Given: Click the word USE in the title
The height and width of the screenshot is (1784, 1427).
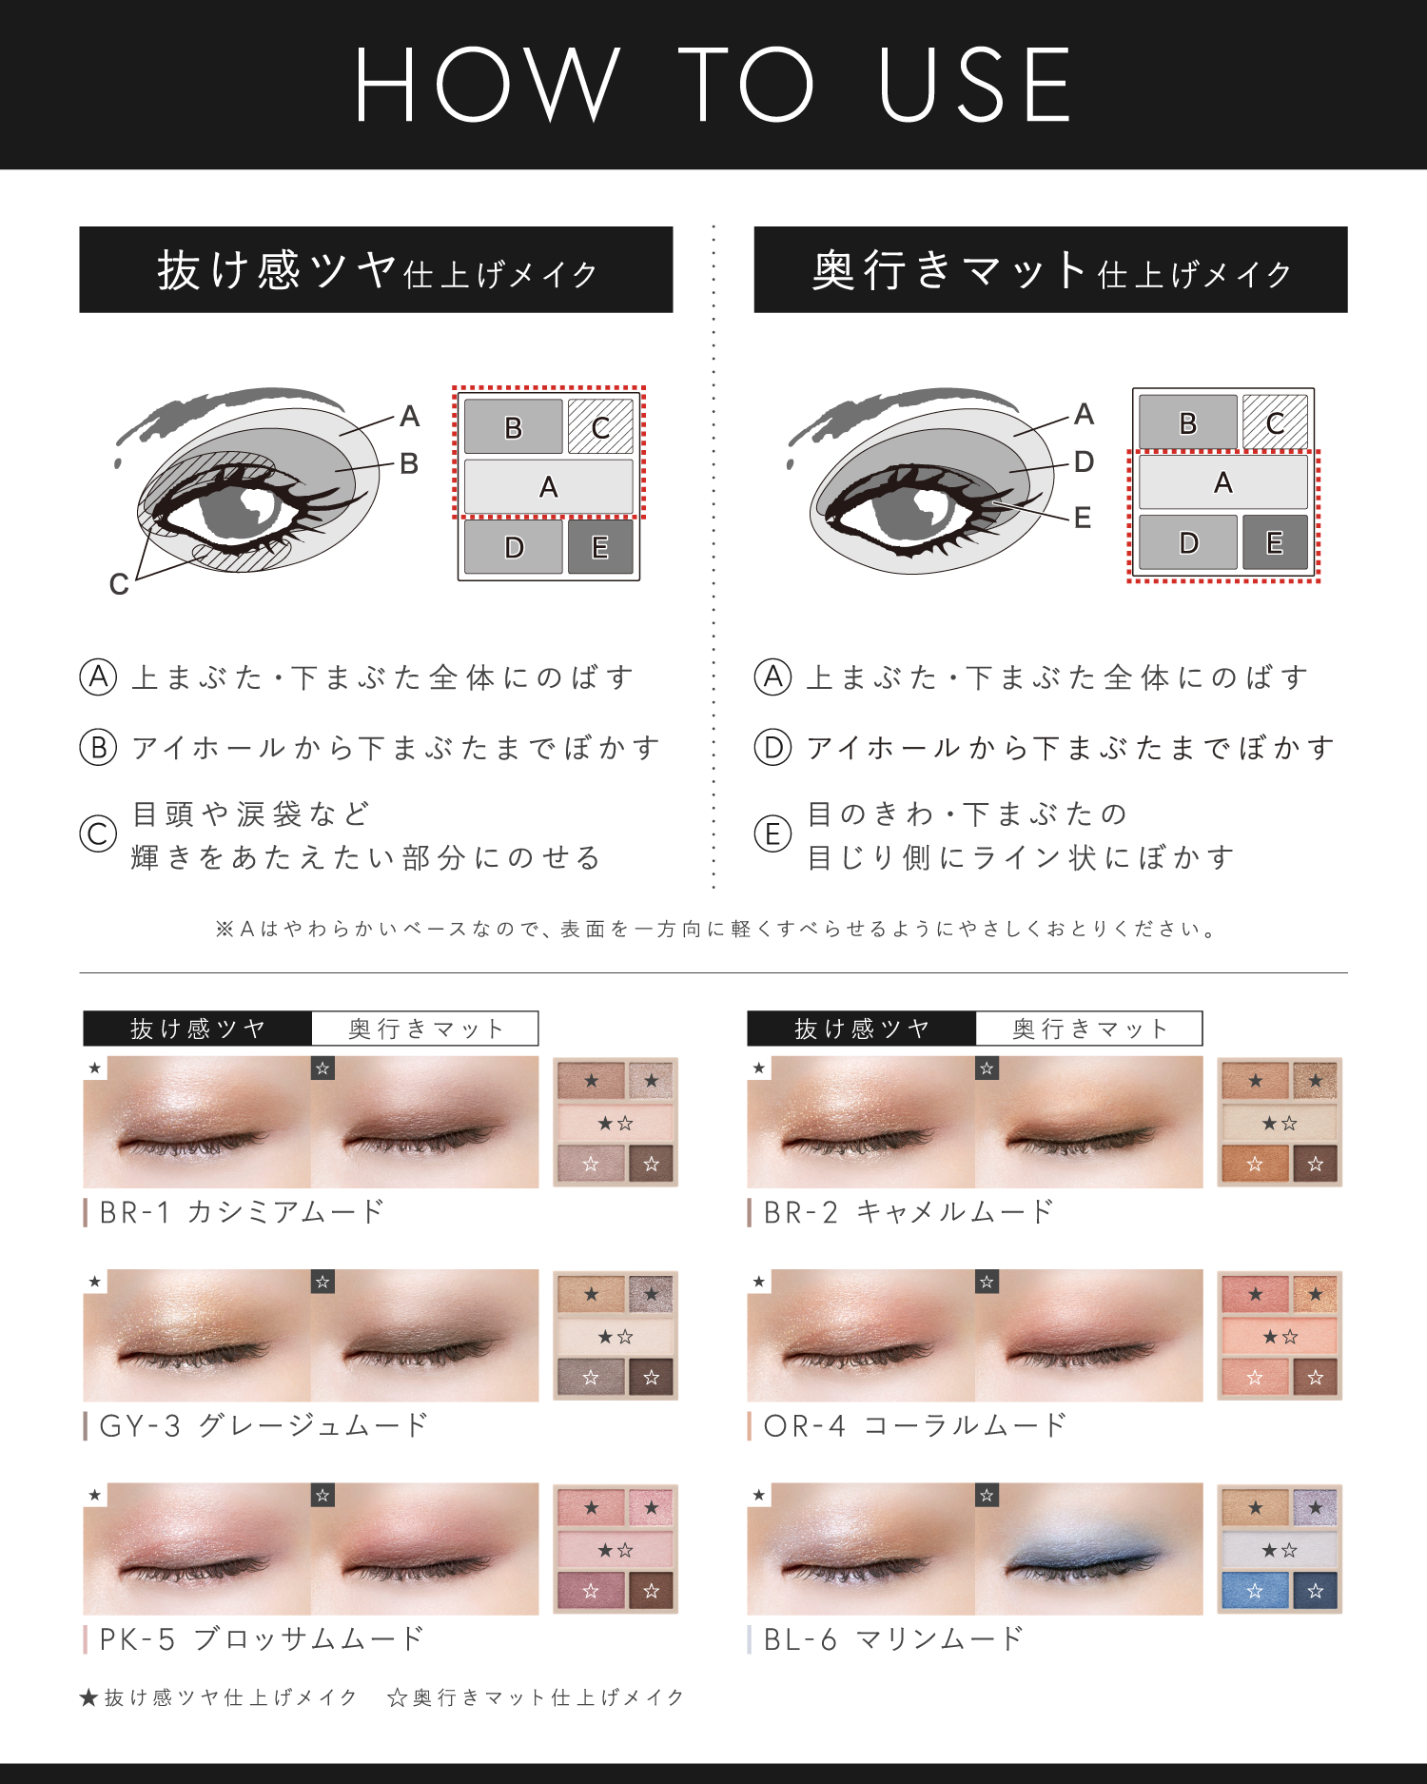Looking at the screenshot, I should (x=975, y=86).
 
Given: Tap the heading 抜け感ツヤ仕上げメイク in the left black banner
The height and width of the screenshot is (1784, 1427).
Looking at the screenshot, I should (x=376, y=270).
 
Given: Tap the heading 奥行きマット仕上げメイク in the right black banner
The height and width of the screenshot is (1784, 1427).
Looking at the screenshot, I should (x=1050, y=270).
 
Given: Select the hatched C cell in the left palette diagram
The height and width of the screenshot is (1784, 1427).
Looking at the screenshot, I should (x=600, y=426).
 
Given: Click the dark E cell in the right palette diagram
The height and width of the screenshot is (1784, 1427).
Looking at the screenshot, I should (x=1275, y=542).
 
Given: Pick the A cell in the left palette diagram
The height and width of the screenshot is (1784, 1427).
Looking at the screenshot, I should (x=548, y=487).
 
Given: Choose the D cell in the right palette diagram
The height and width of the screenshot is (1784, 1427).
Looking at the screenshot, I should (x=1188, y=542).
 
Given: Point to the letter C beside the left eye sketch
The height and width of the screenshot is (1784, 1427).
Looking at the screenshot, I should (x=119, y=583).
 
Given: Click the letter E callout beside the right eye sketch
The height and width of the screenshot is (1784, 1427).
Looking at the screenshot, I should (x=1082, y=518).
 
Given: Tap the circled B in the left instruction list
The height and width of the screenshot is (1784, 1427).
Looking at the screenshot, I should (x=98, y=748).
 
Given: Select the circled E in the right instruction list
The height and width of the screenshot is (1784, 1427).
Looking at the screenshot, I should (x=772, y=834).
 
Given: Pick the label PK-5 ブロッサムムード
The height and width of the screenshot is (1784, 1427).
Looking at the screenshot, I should (x=262, y=1638).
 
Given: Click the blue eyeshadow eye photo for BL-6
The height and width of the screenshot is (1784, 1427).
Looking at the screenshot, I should (x=1088, y=1549).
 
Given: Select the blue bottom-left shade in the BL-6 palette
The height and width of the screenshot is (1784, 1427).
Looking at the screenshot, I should (x=1255, y=1590).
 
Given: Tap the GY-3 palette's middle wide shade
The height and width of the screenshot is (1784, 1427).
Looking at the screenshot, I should (x=616, y=1337).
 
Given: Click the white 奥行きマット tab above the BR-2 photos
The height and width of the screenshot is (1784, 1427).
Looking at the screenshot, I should (x=1088, y=1029).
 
